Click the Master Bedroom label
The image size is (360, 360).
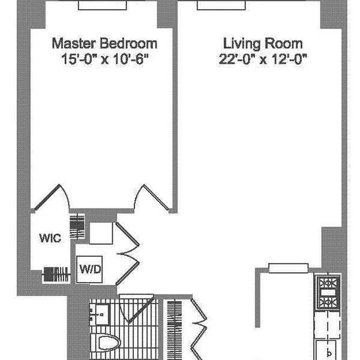pos(104,43)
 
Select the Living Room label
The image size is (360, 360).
pos(263,44)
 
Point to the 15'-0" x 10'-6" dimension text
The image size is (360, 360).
pos(105,59)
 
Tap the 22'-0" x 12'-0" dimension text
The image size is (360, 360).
pos(263,59)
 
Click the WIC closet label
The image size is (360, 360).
pos(50,238)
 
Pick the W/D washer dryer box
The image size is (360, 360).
pos(89,269)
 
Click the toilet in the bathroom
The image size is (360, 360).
pos(109,343)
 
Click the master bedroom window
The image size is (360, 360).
pos(103,5)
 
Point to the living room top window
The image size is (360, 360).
pos(221,5)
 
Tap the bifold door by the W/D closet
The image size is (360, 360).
pos(127,254)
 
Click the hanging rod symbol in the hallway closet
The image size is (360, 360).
pos(175,331)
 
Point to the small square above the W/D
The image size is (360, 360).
pos(101,233)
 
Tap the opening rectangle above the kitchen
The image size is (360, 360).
pos(288,268)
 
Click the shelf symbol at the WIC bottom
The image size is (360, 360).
pos(57,274)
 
